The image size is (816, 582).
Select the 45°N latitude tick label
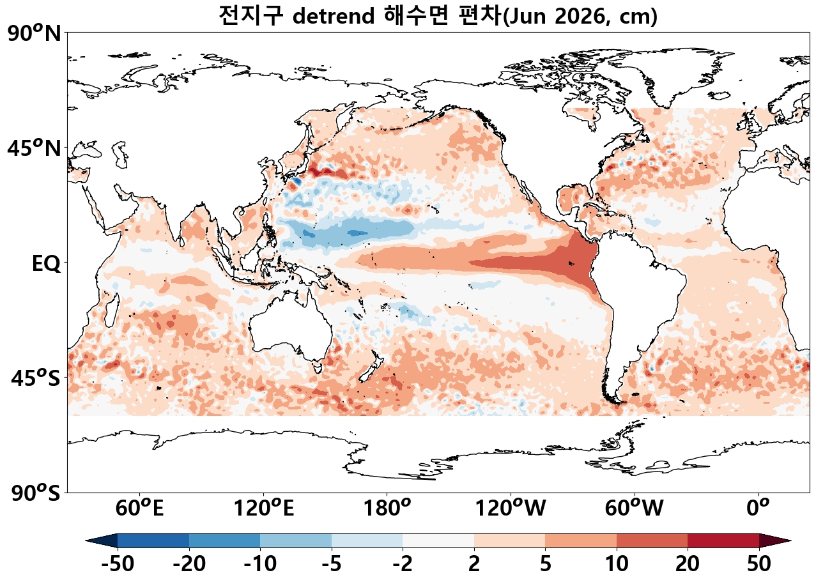(x=35, y=148)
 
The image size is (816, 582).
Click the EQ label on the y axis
(x=46, y=263)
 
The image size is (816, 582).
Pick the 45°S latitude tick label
(x=36, y=378)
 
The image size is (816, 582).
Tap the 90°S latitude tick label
(x=35, y=493)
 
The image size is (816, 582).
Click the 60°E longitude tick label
(x=139, y=509)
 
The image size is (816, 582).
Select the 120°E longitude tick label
(x=263, y=509)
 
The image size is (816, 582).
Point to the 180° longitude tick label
(x=387, y=509)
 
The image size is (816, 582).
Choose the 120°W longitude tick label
(x=511, y=509)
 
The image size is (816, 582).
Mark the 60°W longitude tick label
(x=635, y=509)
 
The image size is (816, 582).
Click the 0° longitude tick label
(x=758, y=509)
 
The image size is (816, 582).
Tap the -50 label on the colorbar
(x=118, y=565)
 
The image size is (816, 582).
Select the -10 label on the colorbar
(x=260, y=565)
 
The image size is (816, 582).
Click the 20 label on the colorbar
(x=688, y=565)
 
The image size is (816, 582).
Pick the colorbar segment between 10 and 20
(x=652, y=540)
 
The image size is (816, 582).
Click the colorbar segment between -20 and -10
(x=224, y=540)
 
